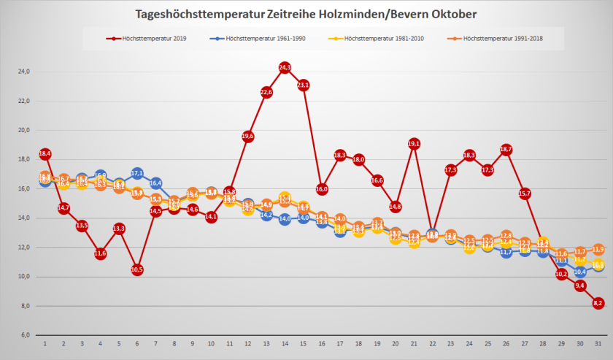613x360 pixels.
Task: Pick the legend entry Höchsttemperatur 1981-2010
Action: click(385, 38)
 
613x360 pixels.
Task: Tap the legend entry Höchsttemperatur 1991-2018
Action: click(501, 38)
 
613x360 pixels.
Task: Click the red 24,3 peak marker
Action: click(285, 67)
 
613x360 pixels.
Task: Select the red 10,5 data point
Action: click(137, 269)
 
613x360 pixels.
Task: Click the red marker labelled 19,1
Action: click(415, 144)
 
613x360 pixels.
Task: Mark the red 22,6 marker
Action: click(266, 92)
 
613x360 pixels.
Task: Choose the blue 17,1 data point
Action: click(137, 173)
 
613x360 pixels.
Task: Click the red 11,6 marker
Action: click(100, 253)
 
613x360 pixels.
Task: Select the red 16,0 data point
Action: click(322, 189)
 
